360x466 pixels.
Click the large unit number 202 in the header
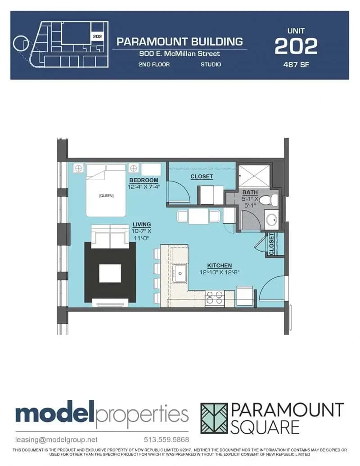click(296, 46)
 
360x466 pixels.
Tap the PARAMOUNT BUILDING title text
click(180, 42)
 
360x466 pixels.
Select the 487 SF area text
click(296, 64)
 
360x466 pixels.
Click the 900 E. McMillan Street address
click(180, 54)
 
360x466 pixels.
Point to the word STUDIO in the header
click(211, 64)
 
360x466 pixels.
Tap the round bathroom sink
click(271, 220)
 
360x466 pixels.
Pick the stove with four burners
click(215, 298)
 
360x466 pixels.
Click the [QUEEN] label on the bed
click(106, 195)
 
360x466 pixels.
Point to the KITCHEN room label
click(219, 266)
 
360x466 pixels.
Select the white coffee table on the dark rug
click(110, 273)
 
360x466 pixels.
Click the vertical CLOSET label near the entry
click(272, 244)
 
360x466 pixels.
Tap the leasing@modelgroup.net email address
click(56, 439)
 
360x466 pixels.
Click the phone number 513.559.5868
click(166, 439)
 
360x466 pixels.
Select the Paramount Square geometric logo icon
click(214, 418)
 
